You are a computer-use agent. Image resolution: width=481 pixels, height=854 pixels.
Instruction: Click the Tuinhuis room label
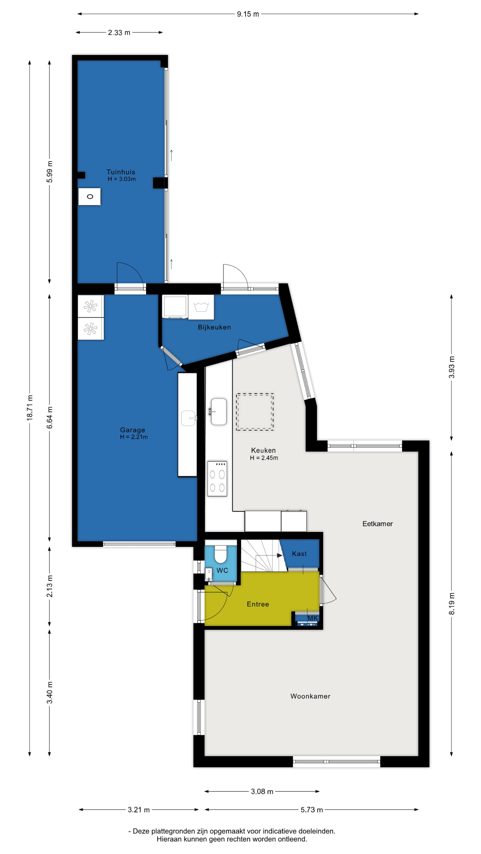[x=121, y=172]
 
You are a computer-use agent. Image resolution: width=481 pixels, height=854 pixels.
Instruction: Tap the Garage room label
[x=133, y=430]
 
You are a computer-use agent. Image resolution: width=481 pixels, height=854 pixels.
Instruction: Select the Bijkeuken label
[x=214, y=327]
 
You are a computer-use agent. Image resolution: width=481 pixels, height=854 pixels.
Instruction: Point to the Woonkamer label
[x=310, y=696]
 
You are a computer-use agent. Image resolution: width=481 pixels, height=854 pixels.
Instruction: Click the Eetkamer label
[x=378, y=524]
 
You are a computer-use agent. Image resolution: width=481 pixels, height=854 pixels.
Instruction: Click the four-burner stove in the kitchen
[x=217, y=479]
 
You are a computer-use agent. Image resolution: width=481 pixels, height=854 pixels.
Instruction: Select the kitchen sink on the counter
[x=219, y=412]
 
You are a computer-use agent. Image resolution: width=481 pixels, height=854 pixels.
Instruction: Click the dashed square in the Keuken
[x=255, y=412]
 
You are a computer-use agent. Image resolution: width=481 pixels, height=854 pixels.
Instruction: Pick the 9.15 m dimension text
[x=248, y=14]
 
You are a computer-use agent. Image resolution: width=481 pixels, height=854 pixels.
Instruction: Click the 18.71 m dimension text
[x=30, y=407]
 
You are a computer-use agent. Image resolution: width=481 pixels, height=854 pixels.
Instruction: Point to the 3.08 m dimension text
[x=262, y=791]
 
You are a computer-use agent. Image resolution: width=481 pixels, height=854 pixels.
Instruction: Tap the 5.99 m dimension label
[x=50, y=172]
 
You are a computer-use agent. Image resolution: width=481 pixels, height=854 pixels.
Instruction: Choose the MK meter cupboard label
[x=313, y=618]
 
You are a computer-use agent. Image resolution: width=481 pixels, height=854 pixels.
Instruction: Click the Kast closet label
[x=299, y=554]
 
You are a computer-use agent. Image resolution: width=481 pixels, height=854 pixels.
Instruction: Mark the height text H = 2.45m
[x=264, y=458]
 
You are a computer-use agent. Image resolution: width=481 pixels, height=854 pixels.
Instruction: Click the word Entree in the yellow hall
[x=258, y=604]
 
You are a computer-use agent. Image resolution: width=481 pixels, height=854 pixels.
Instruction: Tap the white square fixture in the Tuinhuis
[x=89, y=196]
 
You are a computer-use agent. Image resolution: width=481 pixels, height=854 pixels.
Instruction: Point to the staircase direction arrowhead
[x=280, y=555]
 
